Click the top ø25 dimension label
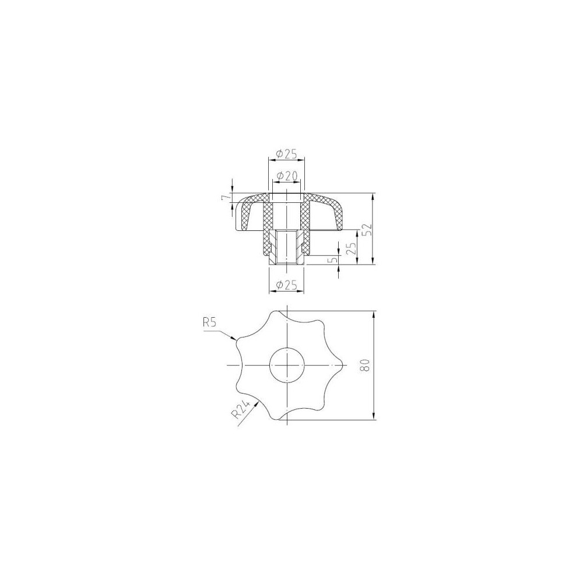pos(287,153)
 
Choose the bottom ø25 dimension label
pos(287,285)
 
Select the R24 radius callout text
pos(239,410)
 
